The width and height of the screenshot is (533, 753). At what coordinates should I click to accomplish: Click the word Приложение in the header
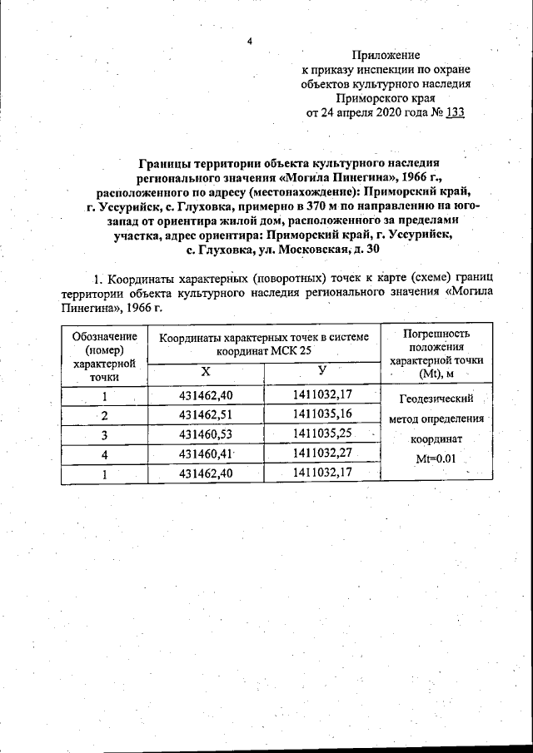[386, 54]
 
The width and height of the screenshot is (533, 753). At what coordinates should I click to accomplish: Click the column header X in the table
[205, 371]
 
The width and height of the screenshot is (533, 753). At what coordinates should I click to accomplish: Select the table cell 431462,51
[205, 414]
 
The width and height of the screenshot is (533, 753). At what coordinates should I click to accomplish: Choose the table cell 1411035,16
[321, 414]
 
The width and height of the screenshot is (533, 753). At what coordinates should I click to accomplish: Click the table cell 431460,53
[205, 433]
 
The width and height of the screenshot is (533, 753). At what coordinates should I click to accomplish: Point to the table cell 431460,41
[205, 453]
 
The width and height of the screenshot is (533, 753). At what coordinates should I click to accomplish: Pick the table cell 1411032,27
[321, 453]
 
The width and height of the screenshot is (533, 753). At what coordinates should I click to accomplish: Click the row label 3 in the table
[105, 434]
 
